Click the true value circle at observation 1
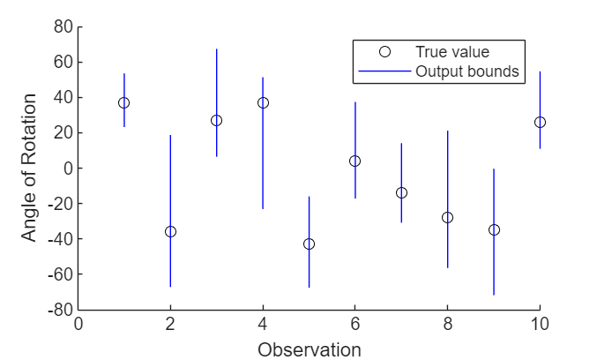(x=124, y=102)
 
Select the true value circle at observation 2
(x=170, y=231)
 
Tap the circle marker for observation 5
(x=309, y=244)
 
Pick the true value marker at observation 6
(x=354, y=161)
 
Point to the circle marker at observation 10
(x=540, y=122)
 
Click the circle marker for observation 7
(x=401, y=192)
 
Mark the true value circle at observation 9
(x=494, y=229)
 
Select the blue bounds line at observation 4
(x=263, y=159)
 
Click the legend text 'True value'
(x=452, y=52)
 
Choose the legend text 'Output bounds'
(x=466, y=71)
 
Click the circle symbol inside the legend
(x=384, y=52)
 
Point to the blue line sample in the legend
(x=384, y=71)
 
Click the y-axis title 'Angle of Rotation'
(x=30, y=169)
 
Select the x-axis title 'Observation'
(x=309, y=349)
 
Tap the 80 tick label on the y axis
(x=62, y=26)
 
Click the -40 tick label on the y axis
(x=58, y=239)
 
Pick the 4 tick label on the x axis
(x=263, y=323)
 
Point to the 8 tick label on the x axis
(x=447, y=323)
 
